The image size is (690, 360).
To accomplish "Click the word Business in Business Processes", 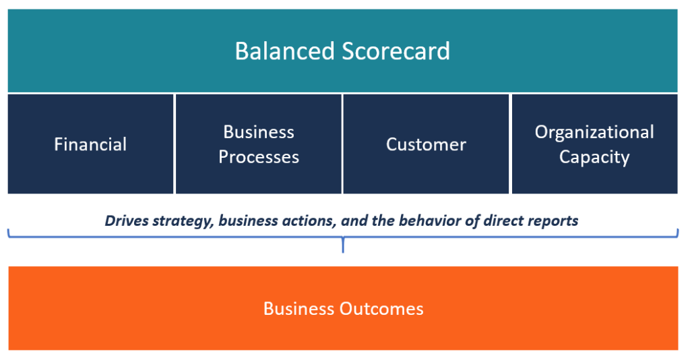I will pos(259,131).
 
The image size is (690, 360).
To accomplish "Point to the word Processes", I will pos(259,157).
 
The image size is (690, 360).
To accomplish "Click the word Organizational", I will pos(594,131).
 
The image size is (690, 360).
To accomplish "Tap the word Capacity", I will pos(594,157).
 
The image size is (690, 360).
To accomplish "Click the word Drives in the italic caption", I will pos(125,220).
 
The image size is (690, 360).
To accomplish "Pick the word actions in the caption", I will pos(305,220).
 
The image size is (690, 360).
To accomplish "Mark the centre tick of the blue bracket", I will pos(343,245).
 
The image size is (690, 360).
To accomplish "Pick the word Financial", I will pos(90,144).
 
